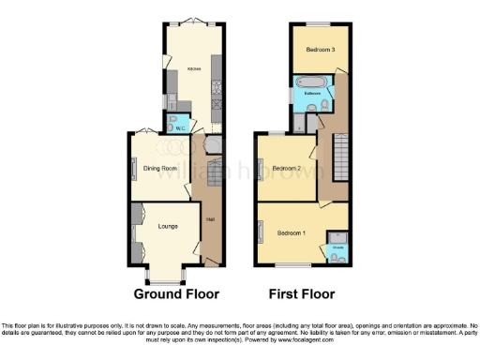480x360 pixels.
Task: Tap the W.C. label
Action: pos(183,127)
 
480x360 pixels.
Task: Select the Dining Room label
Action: pos(160,169)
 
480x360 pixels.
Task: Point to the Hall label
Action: pos(210,221)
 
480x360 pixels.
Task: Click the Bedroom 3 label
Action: pos(312,50)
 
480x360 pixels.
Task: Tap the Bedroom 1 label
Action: pos(292,232)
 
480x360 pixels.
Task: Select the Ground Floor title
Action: pos(176,293)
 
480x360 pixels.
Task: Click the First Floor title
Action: pos(303,293)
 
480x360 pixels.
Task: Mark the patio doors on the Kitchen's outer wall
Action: pos(193,22)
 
